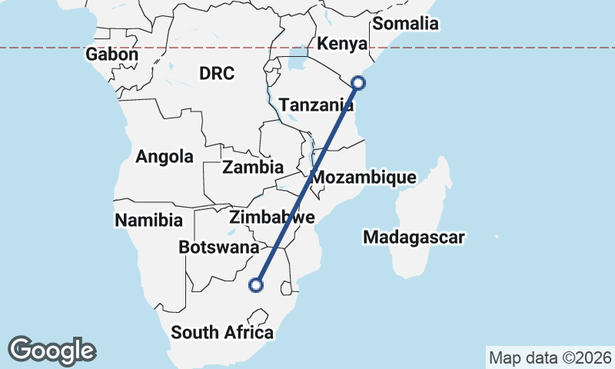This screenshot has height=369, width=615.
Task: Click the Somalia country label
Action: pyautogui.click(x=405, y=24)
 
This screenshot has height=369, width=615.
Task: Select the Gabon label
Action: pyautogui.click(x=112, y=55)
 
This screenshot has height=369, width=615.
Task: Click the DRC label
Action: pyautogui.click(x=217, y=74)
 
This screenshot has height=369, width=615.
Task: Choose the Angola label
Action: pyautogui.click(x=165, y=157)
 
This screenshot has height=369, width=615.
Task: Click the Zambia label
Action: pyautogui.click(x=253, y=167)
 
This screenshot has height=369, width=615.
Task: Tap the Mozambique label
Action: pyautogui.click(x=364, y=178)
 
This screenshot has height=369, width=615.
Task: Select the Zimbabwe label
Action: pyautogui.click(x=272, y=217)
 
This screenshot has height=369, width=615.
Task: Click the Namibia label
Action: pyautogui.click(x=149, y=221)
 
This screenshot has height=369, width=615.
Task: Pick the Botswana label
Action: pyautogui.click(x=219, y=248)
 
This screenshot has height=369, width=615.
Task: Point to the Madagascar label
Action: pyautogui.click(x=414, y=238)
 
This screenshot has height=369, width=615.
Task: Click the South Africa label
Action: pyautogui.click(x=222, y=333)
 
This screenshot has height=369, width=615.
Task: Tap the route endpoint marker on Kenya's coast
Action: pyautogui.click(x=357, y=81)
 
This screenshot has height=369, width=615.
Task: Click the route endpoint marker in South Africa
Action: pyautogui.click(x=256, y=286)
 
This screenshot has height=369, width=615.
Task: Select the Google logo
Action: pyautogui.click(x=52, y=351)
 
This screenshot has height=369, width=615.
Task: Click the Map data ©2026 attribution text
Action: pyautogui.click(x=550, y=357)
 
